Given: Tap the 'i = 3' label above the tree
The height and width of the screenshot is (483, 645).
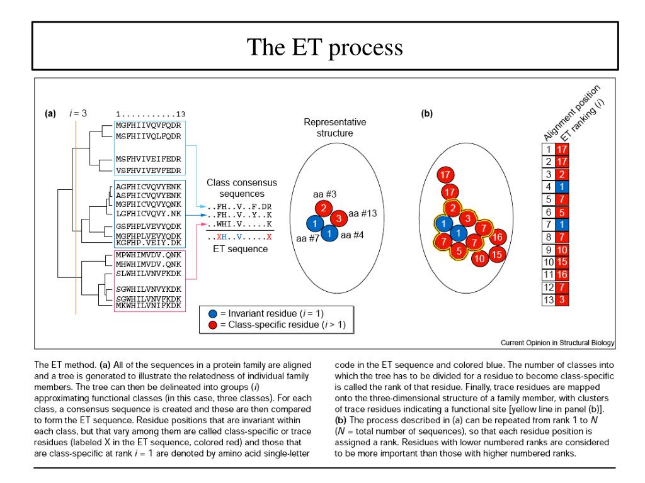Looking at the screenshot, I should coord(78,114).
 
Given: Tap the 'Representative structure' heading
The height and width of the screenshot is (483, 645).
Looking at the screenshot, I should coord(334,128).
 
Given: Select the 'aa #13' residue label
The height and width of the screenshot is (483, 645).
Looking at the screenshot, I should coord(363,213).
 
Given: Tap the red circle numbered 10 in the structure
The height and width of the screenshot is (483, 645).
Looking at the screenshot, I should coord(479,258).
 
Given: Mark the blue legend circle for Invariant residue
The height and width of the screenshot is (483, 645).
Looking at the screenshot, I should coord(212,313).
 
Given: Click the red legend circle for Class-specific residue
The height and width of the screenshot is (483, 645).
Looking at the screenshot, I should coord(212,325).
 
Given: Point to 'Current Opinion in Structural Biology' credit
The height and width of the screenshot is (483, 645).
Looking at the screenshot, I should coord(557,343).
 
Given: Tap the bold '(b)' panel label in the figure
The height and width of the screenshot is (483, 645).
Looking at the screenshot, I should coord(427,114).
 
